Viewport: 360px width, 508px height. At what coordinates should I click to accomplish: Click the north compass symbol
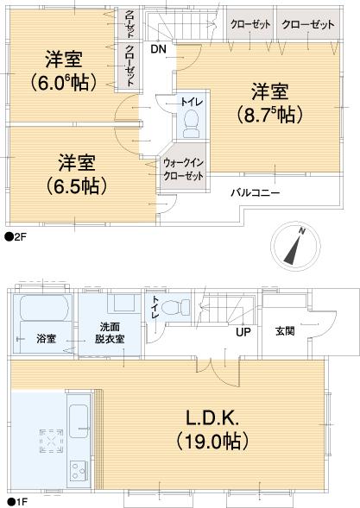pos(294,247)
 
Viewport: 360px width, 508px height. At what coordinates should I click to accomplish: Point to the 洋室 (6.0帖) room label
pos(63,70)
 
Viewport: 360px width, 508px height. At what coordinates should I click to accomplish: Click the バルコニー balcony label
pos(255,192)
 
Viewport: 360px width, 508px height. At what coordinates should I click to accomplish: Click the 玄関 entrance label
pos(285,330)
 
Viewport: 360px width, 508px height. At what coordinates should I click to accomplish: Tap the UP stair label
pos(245,331)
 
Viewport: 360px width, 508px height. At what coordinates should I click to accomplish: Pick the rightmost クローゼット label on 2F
pos(307,25)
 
